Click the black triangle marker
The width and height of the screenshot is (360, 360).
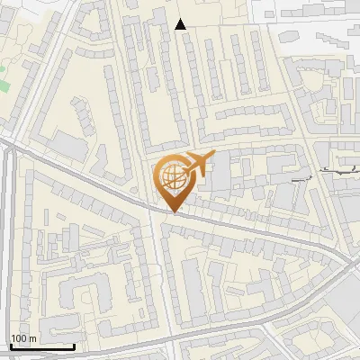(x=181, y=24)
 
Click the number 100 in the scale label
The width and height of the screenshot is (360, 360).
(x=19, y=338)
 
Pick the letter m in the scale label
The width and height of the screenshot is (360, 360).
(x=33, y=338)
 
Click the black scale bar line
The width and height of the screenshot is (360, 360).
(x=41, y=346)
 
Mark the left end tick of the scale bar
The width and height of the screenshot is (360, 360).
(x=10, y=345)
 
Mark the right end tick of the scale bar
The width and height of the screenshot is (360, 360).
(x=74, y=345)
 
